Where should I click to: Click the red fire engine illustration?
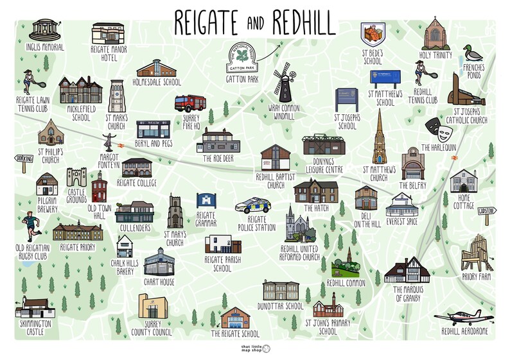pyautogui.click(x=190, y=103)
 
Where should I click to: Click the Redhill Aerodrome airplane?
pyautogui.click(x=463, y=318)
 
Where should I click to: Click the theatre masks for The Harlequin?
pyautogui.click(x=445, y=133)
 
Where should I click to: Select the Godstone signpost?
pyautogui.click(x=486, y=212)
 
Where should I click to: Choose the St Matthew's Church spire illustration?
pyautogui.click(x=380, y=137)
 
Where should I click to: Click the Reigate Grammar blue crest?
pyautogui.click(x=206, y=200)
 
